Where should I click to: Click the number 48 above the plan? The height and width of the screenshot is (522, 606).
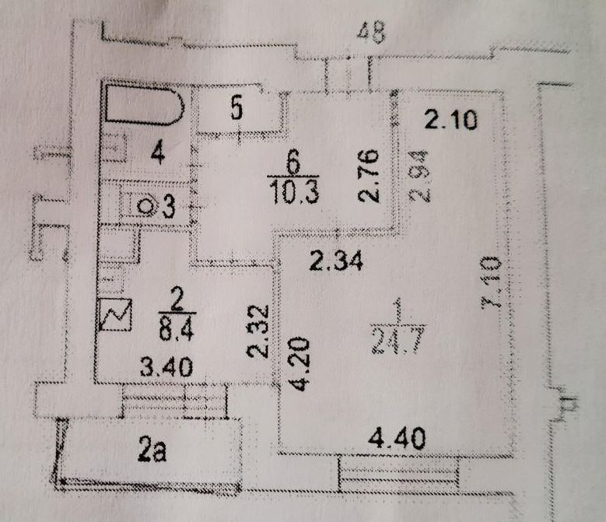click(x=370, y=33)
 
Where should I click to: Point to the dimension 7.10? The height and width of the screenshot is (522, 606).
click(x=492, y=288)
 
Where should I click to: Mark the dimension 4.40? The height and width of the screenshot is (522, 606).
click(x=398, y=440)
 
